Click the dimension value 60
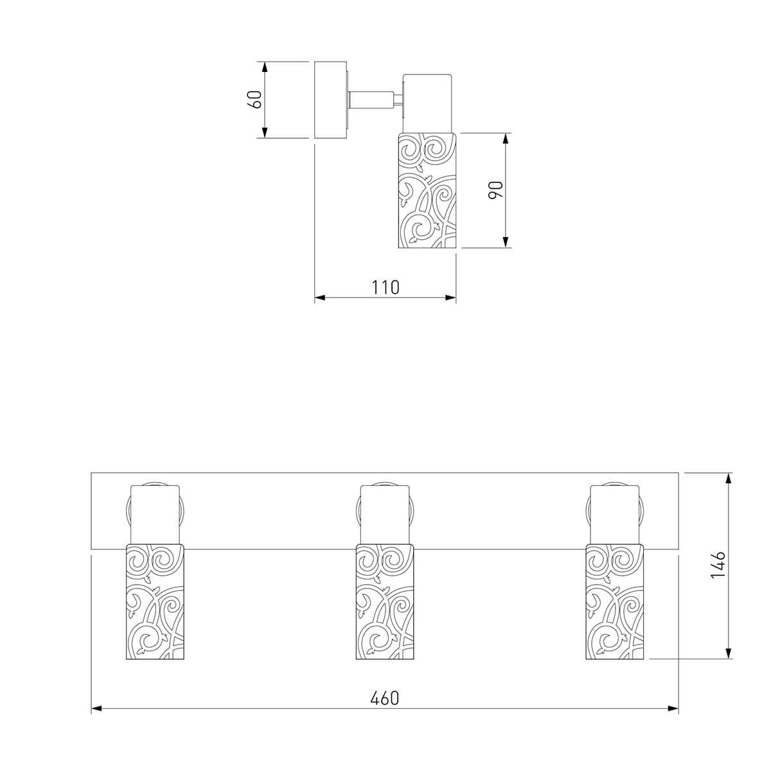click(x=255, y=100)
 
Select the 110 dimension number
click(x=385, y=287)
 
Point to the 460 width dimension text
click(x=385, y=698)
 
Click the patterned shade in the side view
click(x=427, y=190)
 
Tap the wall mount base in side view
click(x=330, y=100)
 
